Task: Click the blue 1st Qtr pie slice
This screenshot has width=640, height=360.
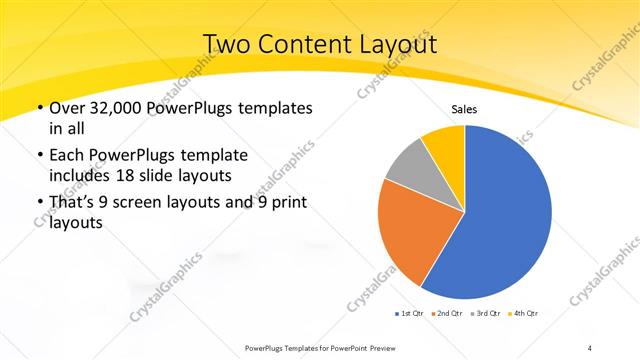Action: point(505,220)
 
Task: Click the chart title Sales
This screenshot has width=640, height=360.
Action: point(464,109)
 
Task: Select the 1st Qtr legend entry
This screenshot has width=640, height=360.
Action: point(411,314)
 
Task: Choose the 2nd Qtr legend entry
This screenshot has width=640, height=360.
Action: point(448,314)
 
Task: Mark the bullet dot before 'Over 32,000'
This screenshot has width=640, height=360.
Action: point(39,108)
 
